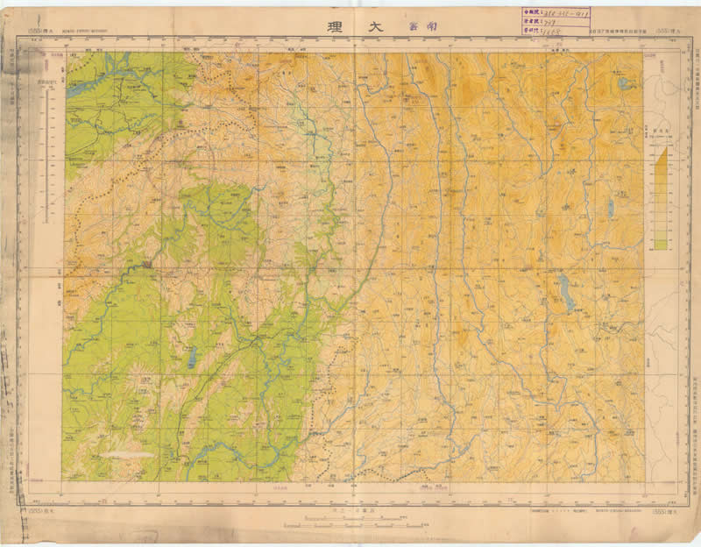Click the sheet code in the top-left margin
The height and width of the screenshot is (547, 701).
tap(39, 33)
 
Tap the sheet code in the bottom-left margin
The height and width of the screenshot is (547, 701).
tap(40, 511)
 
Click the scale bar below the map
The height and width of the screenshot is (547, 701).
tap(350, 526)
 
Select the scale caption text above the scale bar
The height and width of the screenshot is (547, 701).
tap(350, 509)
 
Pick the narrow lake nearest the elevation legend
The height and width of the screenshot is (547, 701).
tap(609, 208)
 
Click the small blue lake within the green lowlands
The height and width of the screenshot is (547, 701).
tap(190, 359)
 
